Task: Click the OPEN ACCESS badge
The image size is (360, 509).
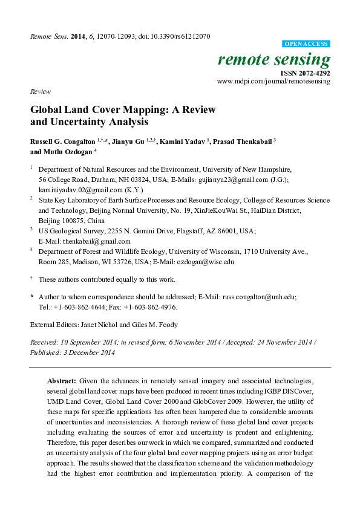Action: click(306, 44)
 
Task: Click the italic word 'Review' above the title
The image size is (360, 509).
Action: click(40, 91)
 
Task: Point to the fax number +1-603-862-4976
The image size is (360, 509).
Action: click(151, 306)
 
